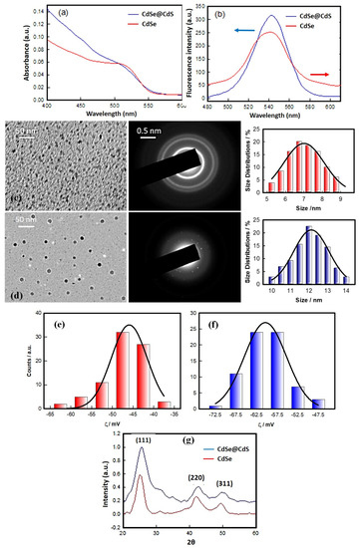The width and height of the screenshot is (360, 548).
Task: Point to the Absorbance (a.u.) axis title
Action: (7, 54)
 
